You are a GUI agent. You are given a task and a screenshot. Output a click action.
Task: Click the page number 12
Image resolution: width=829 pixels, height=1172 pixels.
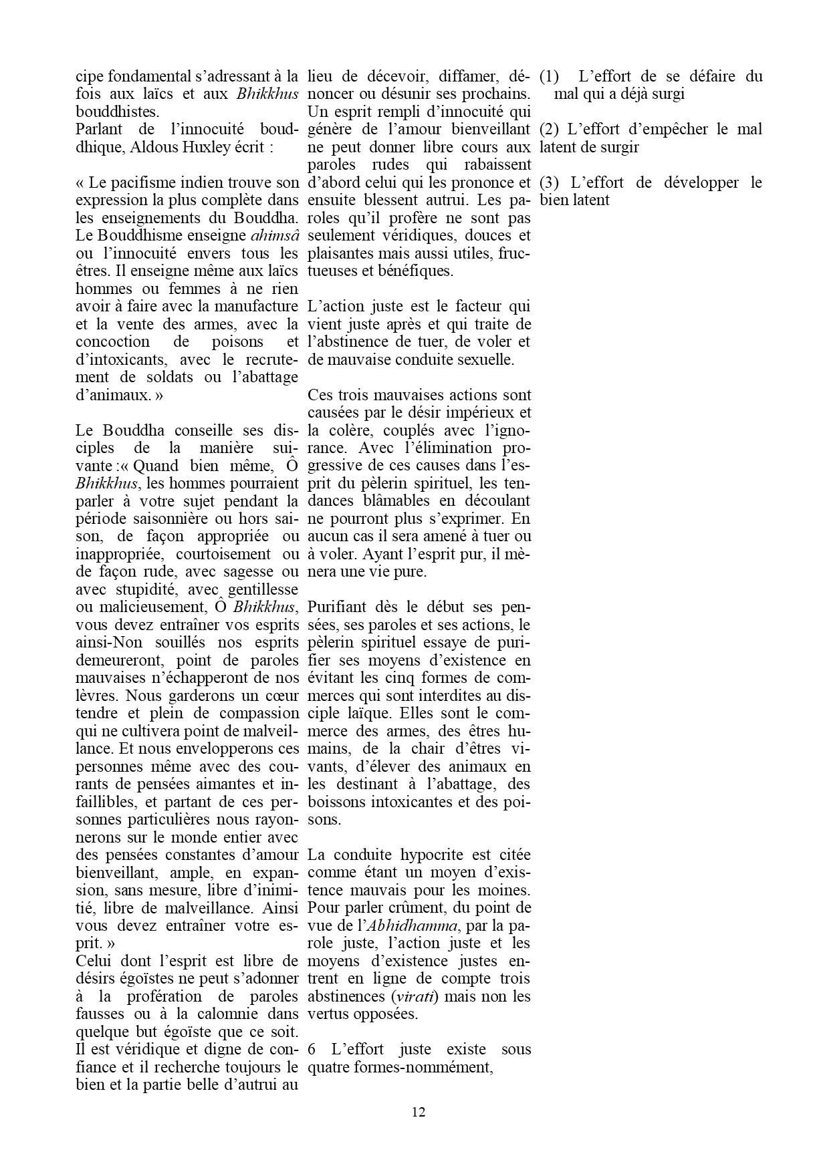click(419, 1112)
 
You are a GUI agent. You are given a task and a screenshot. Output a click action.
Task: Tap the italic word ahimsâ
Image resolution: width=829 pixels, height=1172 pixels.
click(274, 235)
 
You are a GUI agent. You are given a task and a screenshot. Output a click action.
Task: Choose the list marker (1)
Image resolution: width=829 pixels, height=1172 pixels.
click(550, 76)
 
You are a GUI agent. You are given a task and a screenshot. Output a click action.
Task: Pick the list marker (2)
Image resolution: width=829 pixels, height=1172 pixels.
click(550, 129)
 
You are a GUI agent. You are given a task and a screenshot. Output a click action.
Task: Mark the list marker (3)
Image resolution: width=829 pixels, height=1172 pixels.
click(550, 182)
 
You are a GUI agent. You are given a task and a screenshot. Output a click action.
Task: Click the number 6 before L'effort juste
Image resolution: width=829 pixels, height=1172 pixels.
click(312, 1049)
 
